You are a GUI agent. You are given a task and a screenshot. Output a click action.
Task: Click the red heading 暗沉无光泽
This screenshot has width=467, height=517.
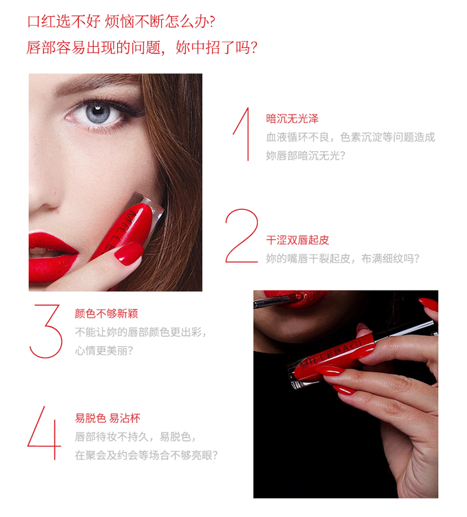(x=292, y=119)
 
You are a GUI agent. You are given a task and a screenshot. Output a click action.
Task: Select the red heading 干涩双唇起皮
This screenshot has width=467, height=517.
(x=297, y=240)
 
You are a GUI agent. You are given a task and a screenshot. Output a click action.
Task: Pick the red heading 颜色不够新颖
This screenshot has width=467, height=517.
(x=106, y=314)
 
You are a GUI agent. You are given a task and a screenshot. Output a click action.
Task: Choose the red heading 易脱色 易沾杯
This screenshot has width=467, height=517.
(x=107, y=418)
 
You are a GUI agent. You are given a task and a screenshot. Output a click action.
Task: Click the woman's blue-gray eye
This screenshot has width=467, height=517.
(x=98, y=114)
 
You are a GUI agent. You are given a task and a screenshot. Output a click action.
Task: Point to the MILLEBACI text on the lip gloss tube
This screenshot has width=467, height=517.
(x=331, y=353)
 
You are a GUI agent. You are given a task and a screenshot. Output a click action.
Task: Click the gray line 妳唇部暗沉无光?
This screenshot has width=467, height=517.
(x=306, y=155)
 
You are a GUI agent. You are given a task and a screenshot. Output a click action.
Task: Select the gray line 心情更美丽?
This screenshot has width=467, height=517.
(x=104, y=351)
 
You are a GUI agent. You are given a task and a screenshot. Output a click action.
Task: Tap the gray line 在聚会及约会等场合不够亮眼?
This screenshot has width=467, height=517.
(x=146, y=456)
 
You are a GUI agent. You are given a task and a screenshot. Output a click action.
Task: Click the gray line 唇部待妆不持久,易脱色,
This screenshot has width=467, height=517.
(x=136, y=437)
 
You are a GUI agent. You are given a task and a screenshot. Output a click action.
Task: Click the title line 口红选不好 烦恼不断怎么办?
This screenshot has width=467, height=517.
(x=122, y=22)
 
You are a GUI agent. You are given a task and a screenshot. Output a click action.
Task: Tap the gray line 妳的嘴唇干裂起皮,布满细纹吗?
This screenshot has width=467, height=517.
(x=343, y=258)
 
